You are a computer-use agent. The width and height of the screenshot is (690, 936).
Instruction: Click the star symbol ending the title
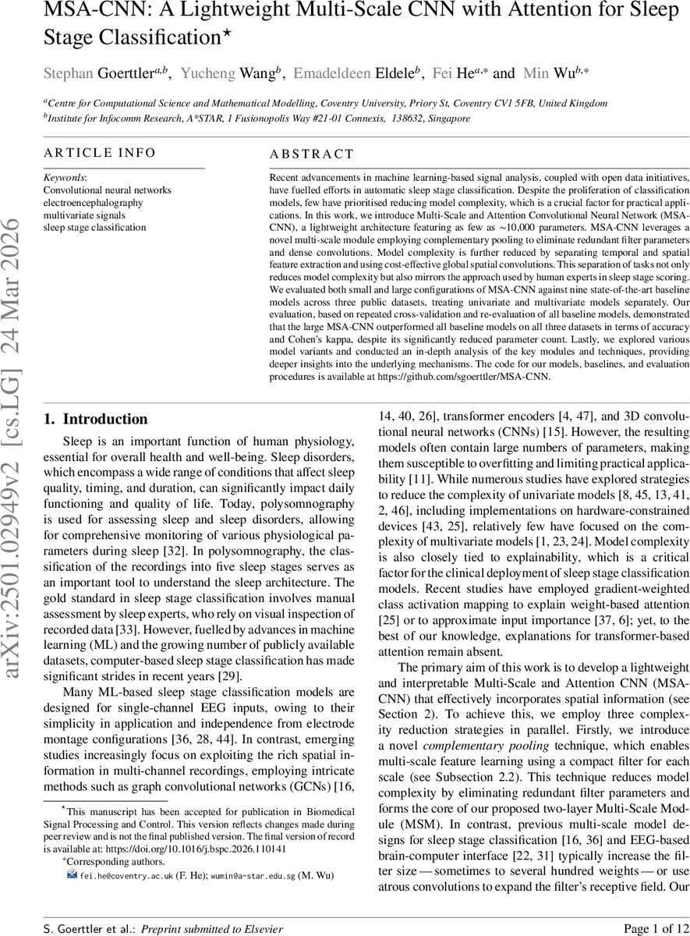coord(228,34)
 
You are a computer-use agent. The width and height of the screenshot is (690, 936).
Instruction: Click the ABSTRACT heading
coord(312,154)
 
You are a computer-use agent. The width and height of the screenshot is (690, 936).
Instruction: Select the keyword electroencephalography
coord(93,202)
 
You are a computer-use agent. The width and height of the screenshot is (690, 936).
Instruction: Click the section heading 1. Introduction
coord(95,419)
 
